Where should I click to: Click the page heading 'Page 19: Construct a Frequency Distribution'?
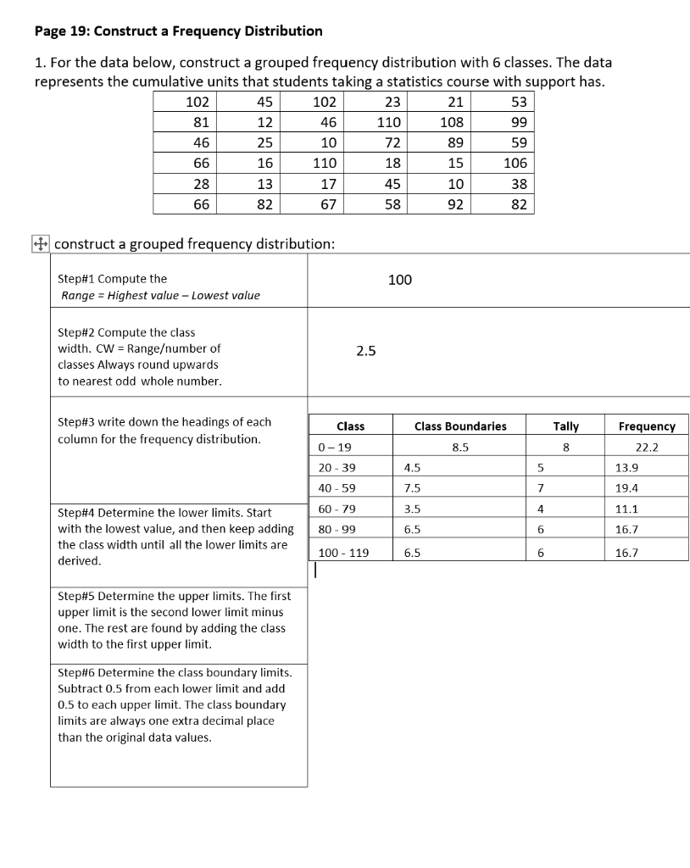click(178, 31)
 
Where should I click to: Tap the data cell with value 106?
click(515, 163)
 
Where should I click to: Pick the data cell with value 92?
click(455, 204)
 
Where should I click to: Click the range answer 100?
click(399, 280)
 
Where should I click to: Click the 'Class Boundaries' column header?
click(460, 426)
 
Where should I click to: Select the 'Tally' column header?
click(565, 426)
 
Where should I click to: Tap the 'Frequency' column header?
click(647, 426)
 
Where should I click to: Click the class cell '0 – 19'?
click(328, 448)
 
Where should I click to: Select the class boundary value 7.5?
click(413, 488)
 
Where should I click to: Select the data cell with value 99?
click(519, 122)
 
